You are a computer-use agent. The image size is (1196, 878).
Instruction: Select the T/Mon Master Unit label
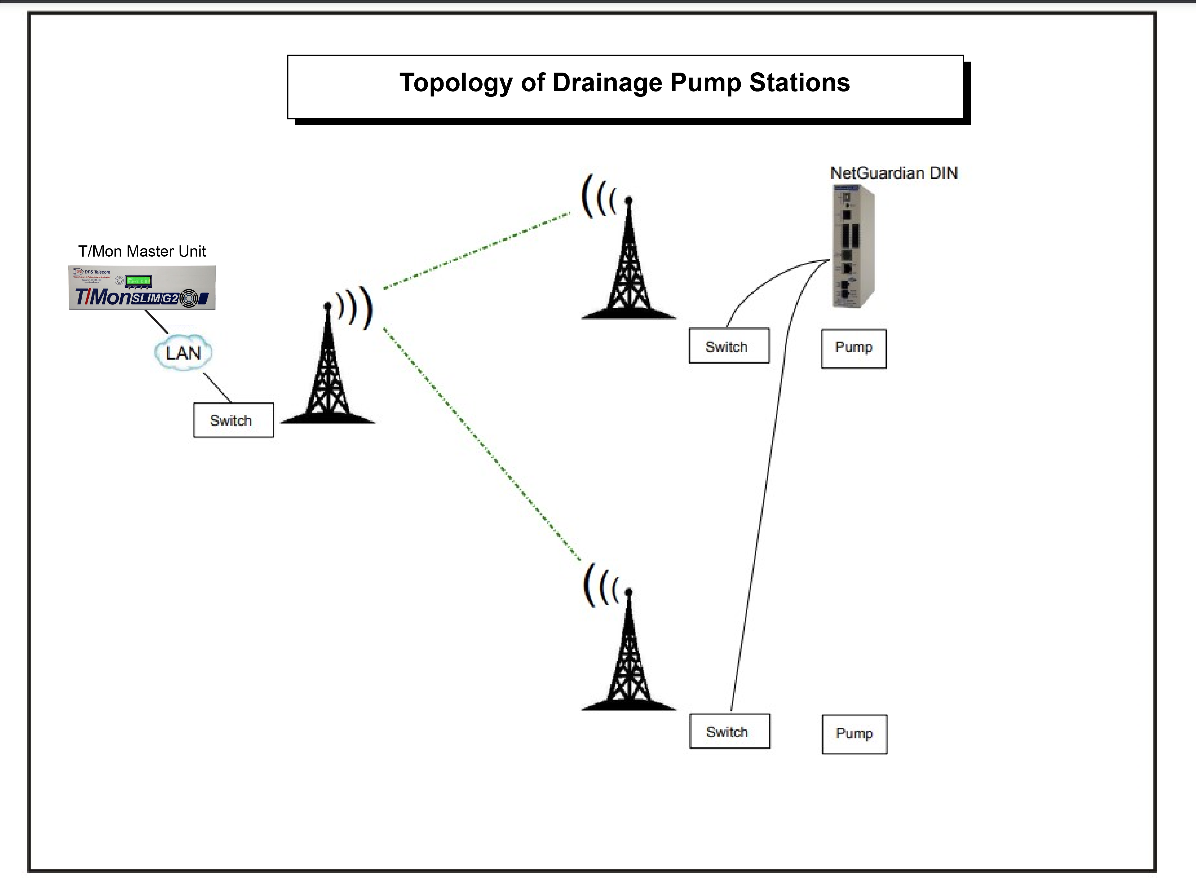tap(142, 251)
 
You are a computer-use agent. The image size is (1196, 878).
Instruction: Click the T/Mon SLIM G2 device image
tap(142, 288)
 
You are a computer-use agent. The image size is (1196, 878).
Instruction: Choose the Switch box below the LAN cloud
tap(233, 420)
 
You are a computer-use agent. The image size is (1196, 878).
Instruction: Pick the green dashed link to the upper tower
tap(477, 251)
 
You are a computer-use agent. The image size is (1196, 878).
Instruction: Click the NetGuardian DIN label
tap(894, 173)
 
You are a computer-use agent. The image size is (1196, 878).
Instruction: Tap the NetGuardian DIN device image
tap(852, 246)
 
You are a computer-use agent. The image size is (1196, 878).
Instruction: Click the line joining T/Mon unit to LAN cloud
tap(157, 321)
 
